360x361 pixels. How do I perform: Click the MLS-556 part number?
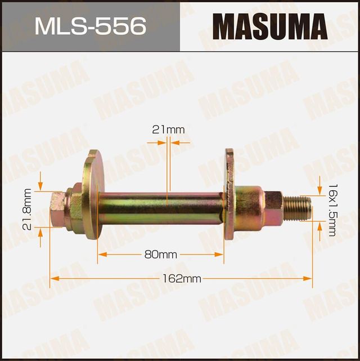click(x=90, y=26)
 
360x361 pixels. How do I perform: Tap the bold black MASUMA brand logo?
click(x=269, y=26)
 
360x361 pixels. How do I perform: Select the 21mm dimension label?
click(x=168, y=130)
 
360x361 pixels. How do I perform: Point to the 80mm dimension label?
click(x=160, y=255)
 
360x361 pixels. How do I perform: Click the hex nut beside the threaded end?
click(x=273, y=207)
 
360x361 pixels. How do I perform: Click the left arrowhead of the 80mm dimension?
click(x=101, y=255)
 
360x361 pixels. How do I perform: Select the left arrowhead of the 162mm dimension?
click(x=53, y=278)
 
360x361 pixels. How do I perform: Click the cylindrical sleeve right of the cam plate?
click(x=248, y=207)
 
